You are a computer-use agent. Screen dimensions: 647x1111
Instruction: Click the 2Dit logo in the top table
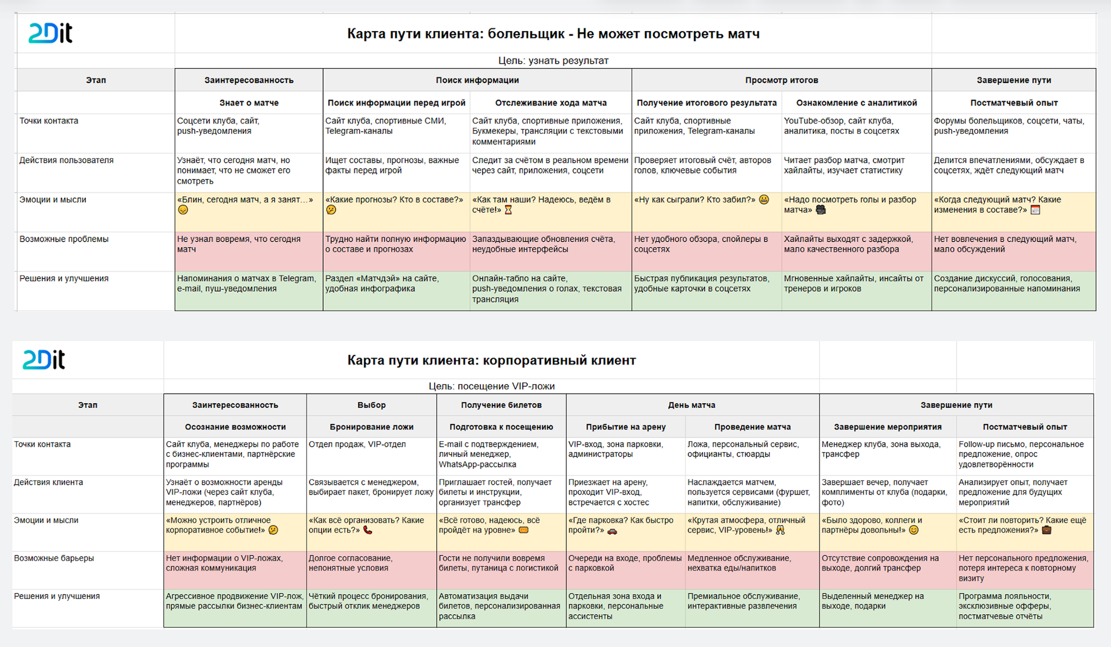tap(50, 33)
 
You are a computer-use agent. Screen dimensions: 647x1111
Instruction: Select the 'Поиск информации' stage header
tap(477, 80)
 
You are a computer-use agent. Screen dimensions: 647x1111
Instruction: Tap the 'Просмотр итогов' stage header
tap(781, 80)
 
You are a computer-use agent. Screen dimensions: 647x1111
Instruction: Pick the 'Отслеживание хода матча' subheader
tap(551, 103)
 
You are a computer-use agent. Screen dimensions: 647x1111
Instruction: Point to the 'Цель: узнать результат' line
tap(553, 61)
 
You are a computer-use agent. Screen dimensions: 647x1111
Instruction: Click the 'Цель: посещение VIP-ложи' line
tap(491, 386)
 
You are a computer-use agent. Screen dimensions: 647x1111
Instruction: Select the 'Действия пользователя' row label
tap(66, 160)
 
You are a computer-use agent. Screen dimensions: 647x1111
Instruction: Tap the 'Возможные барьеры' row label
tap(54, 558)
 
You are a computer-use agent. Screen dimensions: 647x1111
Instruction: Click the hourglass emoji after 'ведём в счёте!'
tap(508, 210)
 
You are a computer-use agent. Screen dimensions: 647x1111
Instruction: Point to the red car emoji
tap(612, 531)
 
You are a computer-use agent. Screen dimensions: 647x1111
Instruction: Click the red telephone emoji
tap(368, 530)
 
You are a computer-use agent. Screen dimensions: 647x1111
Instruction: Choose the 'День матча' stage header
tap(691, 405)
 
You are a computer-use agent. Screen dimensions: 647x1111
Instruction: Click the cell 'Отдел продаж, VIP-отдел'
tap(357, 444)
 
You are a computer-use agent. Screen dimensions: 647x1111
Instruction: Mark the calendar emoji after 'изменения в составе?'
tap(1035, 210)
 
